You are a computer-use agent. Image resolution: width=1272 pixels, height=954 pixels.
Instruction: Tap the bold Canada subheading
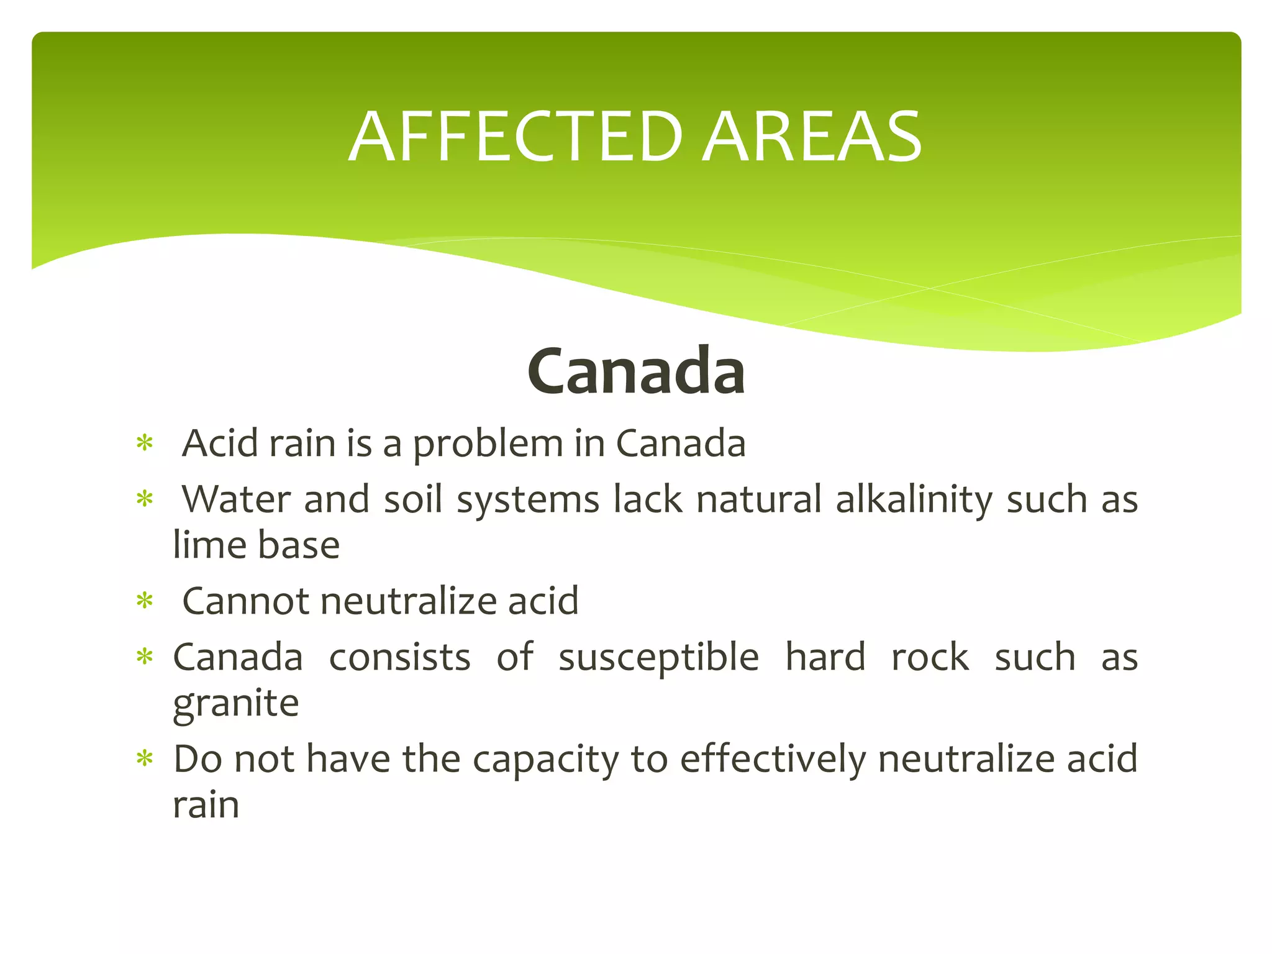[636, 371]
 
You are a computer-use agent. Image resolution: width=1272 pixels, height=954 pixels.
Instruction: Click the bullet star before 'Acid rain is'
[145, 444]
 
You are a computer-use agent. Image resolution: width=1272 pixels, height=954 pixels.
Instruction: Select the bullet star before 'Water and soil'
[145, 499]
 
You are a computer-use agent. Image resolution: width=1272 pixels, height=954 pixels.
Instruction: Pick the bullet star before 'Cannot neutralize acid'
[145, 601]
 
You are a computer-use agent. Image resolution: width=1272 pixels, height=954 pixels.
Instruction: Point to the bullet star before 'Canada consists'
[145, 657]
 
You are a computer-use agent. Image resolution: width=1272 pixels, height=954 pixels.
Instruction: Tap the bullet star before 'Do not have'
[145, 759]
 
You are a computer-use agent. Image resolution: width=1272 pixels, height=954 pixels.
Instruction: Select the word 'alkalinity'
[914, 500]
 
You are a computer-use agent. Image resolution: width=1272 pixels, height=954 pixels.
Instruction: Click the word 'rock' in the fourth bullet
[930, 657]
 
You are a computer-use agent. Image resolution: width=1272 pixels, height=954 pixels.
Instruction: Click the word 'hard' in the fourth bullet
[825, 657]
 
